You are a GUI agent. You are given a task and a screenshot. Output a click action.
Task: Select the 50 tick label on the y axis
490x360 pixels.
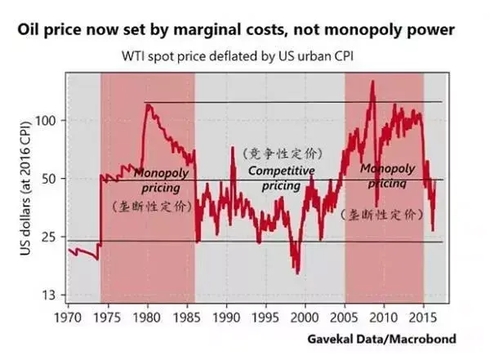coord(48,179)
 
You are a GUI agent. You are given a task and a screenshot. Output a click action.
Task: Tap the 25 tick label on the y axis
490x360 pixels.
coord(48,237)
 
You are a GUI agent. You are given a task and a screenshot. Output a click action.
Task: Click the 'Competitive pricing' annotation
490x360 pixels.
coord(269,178)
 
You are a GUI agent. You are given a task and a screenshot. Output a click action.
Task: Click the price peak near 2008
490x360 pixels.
coord(372,82)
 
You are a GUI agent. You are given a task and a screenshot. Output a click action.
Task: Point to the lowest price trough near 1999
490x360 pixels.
coord(299,273)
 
